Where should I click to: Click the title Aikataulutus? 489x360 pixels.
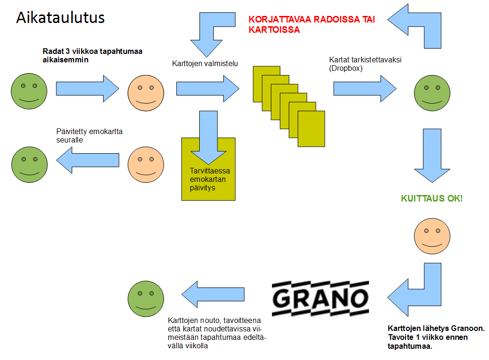[60, 17]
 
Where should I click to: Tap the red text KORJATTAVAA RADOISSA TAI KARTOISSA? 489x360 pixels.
[312, 24]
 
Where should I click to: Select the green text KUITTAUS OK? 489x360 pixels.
[432, 199]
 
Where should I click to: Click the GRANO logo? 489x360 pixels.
[320, 298]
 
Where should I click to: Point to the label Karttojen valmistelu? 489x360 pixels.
[205, 64]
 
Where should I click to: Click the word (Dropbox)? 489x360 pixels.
[346, 68]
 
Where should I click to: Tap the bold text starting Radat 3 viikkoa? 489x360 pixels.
[92, 55]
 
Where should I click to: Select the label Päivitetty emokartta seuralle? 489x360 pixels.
[89, 135]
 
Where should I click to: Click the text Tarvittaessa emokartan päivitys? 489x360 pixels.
[210, 179]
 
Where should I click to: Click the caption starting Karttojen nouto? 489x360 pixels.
[217, 333]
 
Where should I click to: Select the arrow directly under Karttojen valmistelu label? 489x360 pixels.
[208, 89]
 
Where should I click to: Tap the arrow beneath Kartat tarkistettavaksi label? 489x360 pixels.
[365, 89]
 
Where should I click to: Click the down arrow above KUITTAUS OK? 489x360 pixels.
[432, 156]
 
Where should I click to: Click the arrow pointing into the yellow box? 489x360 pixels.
[208, 137]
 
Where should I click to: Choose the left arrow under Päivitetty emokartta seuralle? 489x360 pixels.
[88, 160]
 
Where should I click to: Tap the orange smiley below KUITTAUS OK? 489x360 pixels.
[432, 236]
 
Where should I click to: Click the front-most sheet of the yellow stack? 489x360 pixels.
[311, 129]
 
